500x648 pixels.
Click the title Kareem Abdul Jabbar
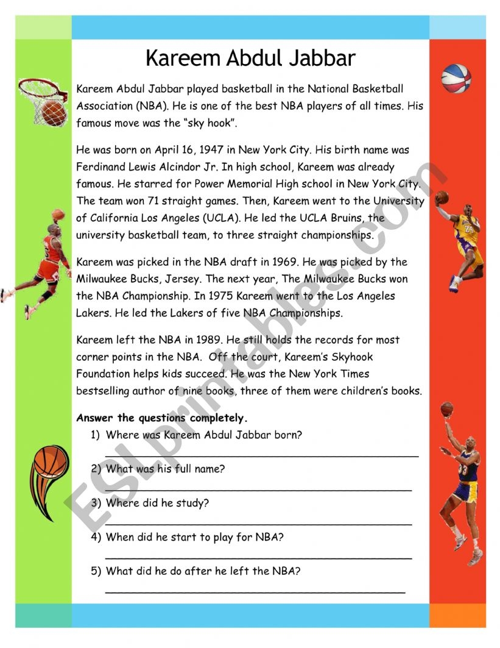[x=250, y=59]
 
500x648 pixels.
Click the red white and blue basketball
[x=456, y=78]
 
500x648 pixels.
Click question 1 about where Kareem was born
[x=203, y=435]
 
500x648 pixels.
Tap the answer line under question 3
[x=258, y=523]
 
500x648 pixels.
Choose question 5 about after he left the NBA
[x=203, y=572]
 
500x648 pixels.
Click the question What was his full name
[x=165, y=469]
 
